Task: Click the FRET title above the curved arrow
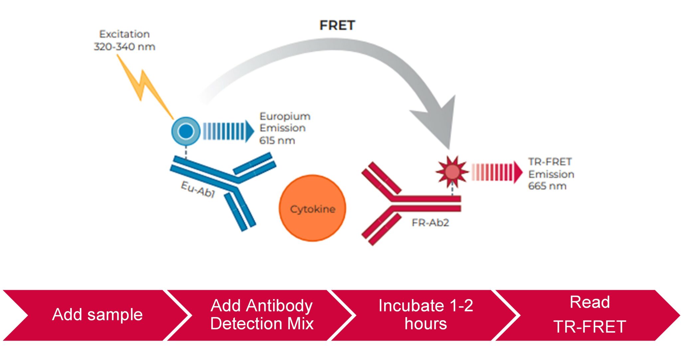pos(337,25)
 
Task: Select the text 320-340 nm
pos(124,47)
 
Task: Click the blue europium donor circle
pos(186,131)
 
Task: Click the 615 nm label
pos(277,140)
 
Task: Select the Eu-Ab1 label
pos(198,189)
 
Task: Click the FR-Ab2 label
pos(430,222)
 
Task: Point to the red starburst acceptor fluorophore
pos(452,172)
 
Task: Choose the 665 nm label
pos(547,186)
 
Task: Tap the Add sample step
pos(97,314)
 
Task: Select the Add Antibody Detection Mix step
pos(262,314)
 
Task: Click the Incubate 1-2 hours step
pos(426,314)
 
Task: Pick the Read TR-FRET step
pos(590,314)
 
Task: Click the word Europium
pos(285,116)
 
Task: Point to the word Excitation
pos(124,34)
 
